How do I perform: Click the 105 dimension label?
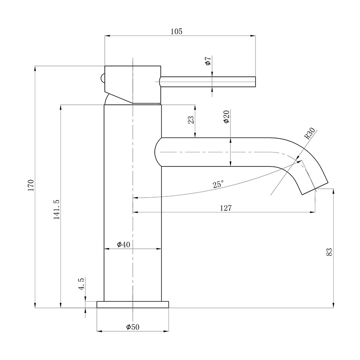coord(176,32)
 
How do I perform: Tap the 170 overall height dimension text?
coord(31,185)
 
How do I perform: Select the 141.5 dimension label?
coord(56,209)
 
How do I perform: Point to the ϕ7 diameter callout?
coord(208,61)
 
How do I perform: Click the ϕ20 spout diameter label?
coord(227,117)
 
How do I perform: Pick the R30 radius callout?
coord(310,133)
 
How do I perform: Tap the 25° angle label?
coord(218,184)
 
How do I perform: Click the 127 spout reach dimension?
coord(226,208)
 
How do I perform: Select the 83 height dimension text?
coord(329,252)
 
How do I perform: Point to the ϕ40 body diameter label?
coord(124,244)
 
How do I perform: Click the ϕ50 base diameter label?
coord(133,327)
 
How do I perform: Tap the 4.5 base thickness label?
coord(82,284)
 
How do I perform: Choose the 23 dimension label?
coord(191,120)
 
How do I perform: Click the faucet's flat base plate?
coord(133,304)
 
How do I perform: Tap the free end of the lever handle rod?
coord(255,82)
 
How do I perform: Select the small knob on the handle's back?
coord(103,78)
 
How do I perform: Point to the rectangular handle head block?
coord(133,84)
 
